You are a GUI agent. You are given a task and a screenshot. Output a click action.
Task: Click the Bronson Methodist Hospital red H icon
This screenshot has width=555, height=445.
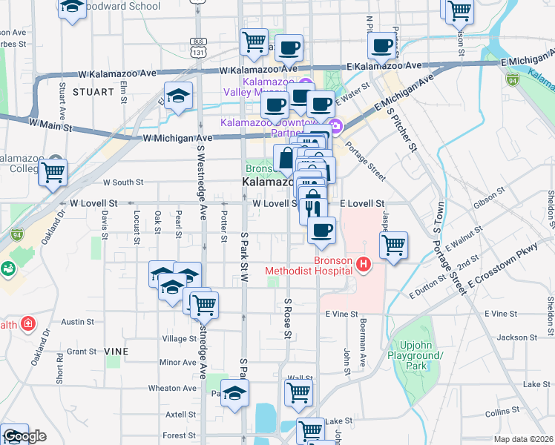point(363,263)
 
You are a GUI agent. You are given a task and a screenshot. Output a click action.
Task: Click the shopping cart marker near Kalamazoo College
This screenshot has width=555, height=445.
point(53,173)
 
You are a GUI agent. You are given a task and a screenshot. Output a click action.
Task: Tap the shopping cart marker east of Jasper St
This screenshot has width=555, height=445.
point(393,245)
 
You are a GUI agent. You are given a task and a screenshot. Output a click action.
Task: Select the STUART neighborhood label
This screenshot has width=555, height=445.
point(93,92)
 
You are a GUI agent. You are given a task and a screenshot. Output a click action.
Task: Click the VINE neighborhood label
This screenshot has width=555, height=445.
point(116,351)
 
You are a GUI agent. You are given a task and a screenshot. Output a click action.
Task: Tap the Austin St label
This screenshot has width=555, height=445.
point(77,322)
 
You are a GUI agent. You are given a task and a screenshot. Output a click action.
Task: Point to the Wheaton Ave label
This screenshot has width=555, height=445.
point(172,388)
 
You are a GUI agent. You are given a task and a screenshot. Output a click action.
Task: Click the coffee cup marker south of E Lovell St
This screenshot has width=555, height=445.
point(321,230)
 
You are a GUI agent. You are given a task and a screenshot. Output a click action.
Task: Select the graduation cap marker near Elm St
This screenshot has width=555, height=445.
point(178,96)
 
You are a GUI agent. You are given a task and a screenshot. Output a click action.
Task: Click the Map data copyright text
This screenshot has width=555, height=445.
point(524,438)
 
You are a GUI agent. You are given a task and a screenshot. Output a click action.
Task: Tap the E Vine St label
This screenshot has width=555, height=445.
point(341,314)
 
